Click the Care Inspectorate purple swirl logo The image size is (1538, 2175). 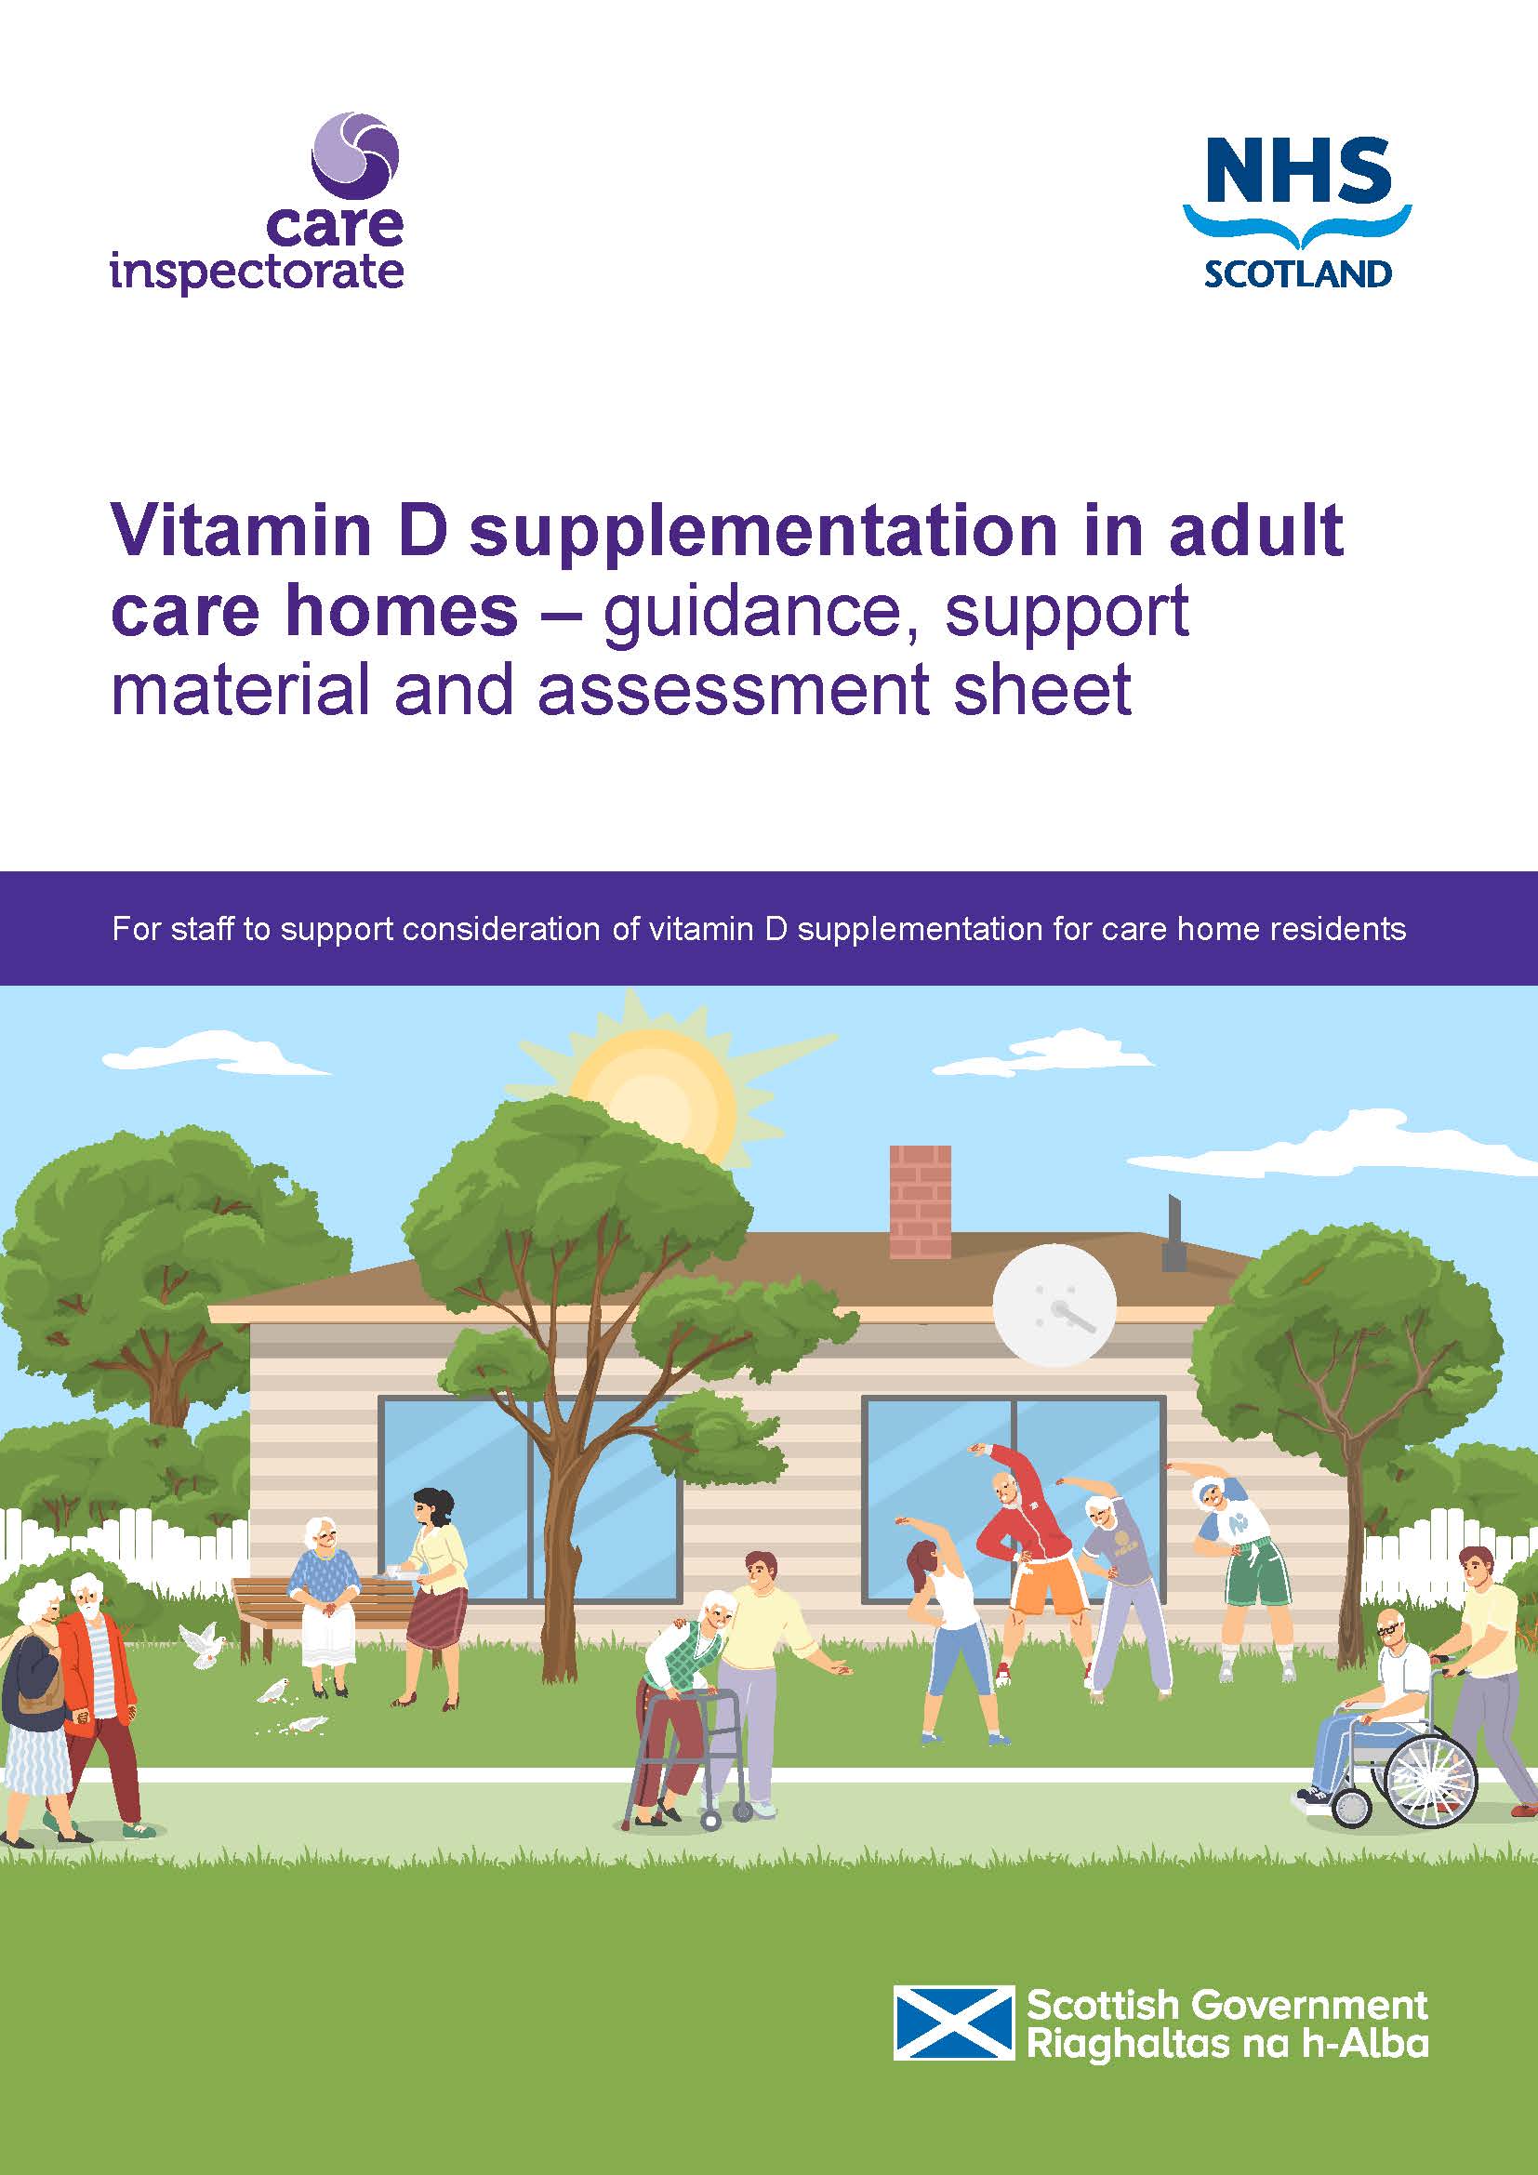(x=355, y=156)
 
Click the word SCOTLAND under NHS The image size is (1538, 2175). (x=1297, y=273)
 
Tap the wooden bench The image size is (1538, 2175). (x=265, y=1602)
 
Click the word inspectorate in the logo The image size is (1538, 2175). (x=258, y=272)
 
